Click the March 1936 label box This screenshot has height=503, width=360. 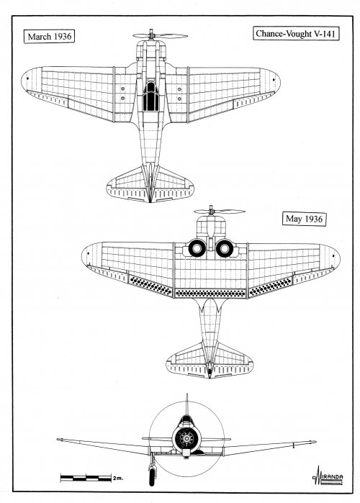[49, 36]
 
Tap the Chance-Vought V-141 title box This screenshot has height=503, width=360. [295, 34]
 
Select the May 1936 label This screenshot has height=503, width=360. [304, 219]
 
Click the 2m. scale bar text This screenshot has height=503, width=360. [118, 479]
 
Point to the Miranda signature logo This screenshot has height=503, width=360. [328, 476]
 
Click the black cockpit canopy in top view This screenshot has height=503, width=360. [150, 96]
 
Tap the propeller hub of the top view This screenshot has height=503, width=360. [151, 35]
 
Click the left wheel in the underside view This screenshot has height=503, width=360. [197, 248]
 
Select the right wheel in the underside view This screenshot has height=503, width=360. [224, 248]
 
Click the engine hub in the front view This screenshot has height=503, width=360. [186, 438]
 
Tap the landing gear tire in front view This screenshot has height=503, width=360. [152, 476]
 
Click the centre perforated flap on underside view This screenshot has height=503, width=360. [210, 293]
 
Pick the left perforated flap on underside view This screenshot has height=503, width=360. [150, 286]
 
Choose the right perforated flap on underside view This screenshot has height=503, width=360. [271, 286]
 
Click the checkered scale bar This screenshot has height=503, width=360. [86, 478]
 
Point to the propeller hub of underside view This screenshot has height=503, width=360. [211, 211]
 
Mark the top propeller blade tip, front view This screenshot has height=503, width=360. [186, 394]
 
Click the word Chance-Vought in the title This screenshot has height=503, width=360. [279, 34]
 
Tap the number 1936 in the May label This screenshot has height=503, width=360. [313, 219]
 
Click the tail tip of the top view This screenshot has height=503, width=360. [150, 201]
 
